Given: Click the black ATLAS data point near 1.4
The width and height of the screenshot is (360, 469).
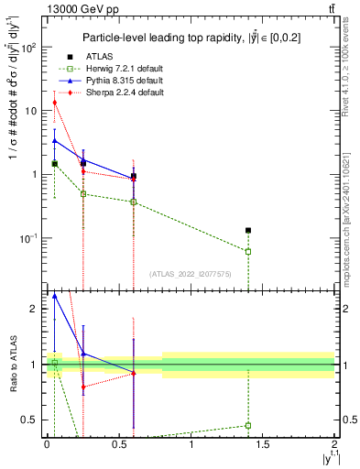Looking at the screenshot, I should [x=248, y=231].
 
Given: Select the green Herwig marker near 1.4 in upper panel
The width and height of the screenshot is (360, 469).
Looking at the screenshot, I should [x=248, y=251].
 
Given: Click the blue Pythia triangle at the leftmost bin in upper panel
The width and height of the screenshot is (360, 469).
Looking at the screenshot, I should [x=55, y=140].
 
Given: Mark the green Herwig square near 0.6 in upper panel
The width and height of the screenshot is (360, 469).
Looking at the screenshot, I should [x=134, y=202].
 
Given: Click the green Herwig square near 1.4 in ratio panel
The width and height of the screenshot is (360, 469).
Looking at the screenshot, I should [x=248, y=425].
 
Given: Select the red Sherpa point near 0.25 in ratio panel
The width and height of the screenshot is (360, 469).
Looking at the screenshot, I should [x=83, y=387].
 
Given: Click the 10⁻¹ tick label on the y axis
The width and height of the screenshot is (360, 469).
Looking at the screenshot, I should [x=30, y=238].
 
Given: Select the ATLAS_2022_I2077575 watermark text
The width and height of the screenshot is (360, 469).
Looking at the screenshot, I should [x=189, y=273].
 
